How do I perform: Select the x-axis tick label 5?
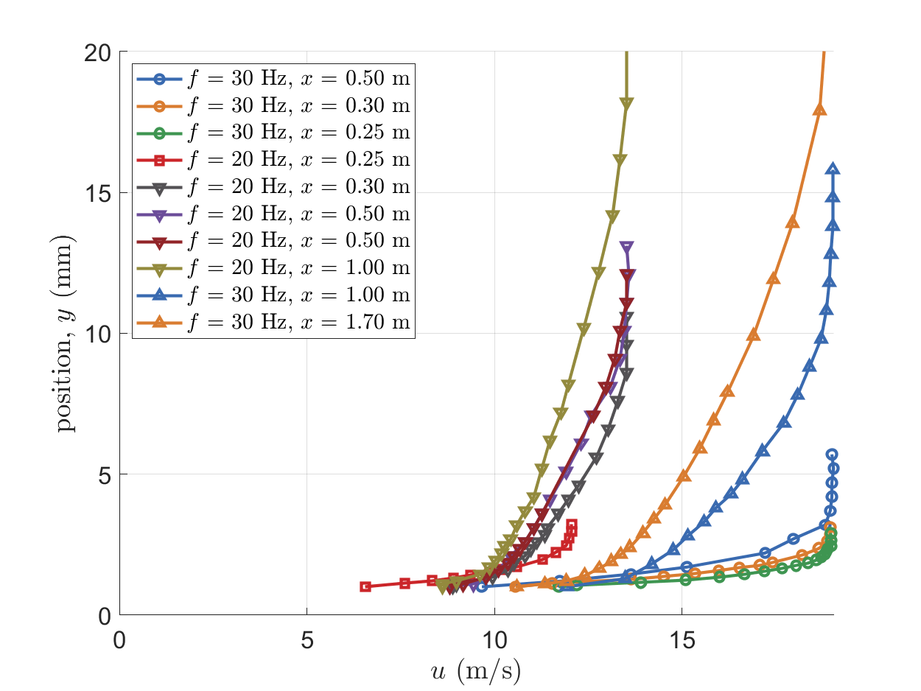[307, 639]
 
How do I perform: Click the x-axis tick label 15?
[682, 639]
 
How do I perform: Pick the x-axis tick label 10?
[494, 639]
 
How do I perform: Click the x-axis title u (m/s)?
[476, 671]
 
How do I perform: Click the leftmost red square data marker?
[365, 586]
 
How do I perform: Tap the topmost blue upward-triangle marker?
[833, 169]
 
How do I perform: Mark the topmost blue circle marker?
[832, 455]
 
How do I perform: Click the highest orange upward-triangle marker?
[819, 110]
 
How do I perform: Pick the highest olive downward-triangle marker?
[626, 104]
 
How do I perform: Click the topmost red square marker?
[572, 525]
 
